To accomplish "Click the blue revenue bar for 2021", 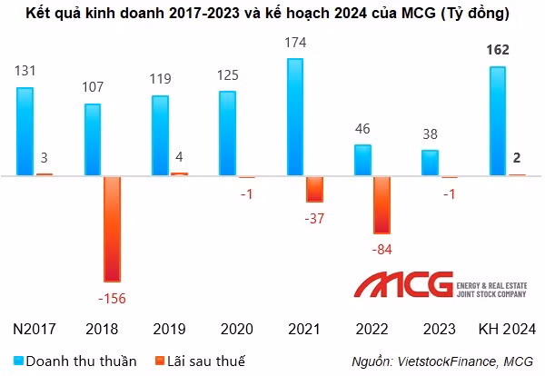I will pos(294,117).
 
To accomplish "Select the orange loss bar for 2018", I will pos(112,228).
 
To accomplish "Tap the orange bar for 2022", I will pos(381,204).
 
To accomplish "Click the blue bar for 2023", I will pos(430,163).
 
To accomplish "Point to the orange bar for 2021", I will pos(314,189).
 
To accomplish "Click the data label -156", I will pos(113,296).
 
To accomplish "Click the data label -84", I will pos(381,248).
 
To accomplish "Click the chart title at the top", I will pos(272,15).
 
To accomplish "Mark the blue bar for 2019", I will pos(159,135).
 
